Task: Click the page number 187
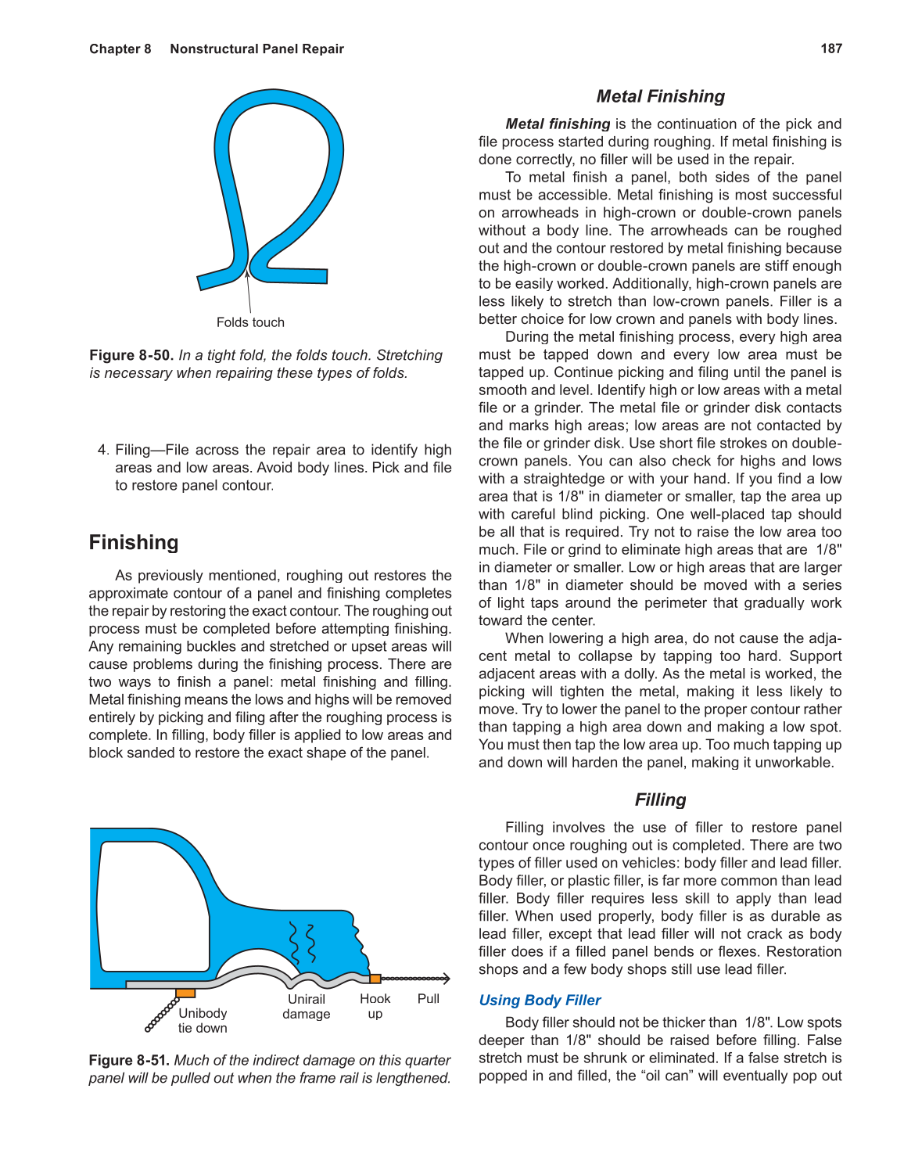(830, 49)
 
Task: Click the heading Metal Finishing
(660, 96)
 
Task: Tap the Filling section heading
(660, 799)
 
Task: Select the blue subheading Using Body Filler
(540, 1000)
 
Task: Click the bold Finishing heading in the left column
(134, 542)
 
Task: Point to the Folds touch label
(250, 322)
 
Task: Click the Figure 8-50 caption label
(131, 355)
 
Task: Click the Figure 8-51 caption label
(129, 1060)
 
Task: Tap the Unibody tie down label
(203, 1020)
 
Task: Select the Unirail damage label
(306, 1006)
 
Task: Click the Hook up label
(375, 1006)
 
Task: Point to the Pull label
(429, 998)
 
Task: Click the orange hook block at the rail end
(375, 979)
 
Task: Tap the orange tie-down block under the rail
(185, 993)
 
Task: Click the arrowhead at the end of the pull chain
(447, 979)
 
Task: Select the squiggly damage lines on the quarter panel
(303, 943)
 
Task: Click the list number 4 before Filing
(103, 450)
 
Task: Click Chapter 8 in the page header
(120, 49)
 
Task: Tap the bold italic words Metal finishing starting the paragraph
(558, 124)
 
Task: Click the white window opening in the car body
(152, 907)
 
